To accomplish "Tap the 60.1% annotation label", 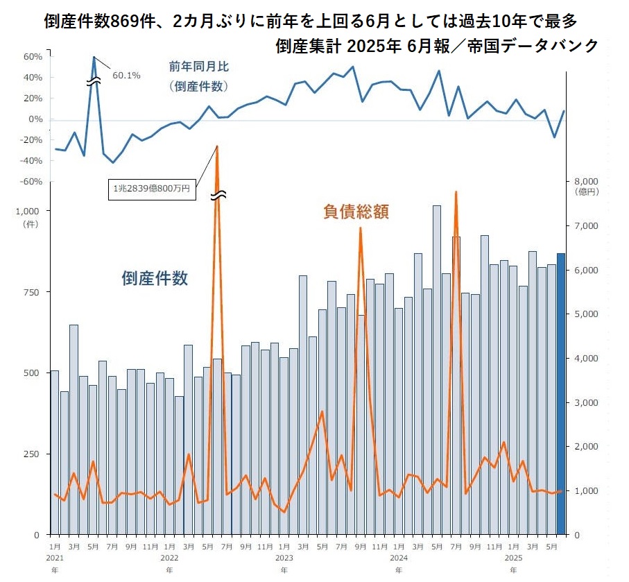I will (126, 75).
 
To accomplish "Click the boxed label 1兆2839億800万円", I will (153, 188).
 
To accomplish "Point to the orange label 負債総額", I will (356, 212).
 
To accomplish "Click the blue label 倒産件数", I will (155, 278).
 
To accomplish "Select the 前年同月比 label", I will (198, 67).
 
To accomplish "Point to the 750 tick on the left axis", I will (33, 292).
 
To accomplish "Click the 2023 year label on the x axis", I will (284, 557).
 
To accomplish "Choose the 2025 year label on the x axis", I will (512, 557).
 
